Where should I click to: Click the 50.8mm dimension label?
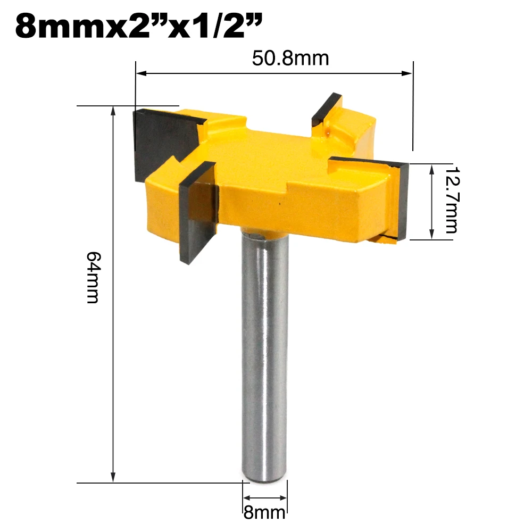pyautogui.click(x=290, y=57)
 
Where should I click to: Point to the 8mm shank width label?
pyautogui.click(x=264, y=513)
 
